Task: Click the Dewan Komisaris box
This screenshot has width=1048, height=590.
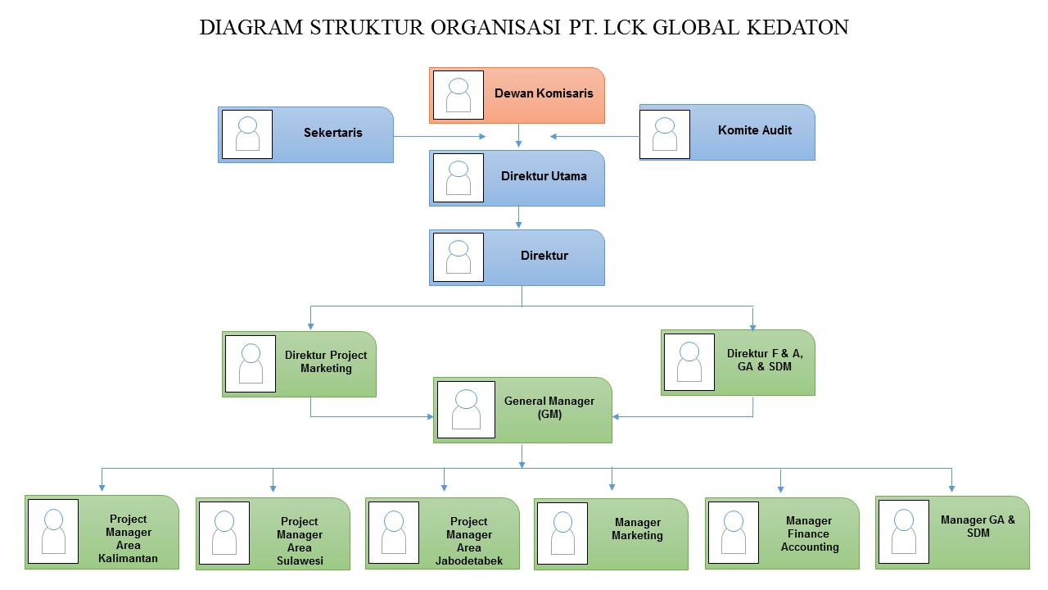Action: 517,95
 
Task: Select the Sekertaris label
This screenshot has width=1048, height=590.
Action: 332,133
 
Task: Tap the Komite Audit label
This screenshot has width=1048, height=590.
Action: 754,130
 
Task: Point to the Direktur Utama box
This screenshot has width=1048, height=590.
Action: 517,177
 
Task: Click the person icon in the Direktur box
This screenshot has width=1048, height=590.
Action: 458,257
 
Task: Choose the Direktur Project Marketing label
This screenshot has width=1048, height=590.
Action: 326,362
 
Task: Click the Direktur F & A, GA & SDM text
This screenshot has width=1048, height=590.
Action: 765,361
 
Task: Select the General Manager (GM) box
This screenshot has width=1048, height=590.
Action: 522,410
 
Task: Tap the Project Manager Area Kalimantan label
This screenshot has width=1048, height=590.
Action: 128,539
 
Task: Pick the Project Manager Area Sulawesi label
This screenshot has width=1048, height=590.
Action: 300,542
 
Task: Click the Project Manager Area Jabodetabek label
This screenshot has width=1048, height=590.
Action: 468,542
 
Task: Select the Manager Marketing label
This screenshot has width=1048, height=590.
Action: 637,529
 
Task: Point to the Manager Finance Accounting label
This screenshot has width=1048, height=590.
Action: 809,533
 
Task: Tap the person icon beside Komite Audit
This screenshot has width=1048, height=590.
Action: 665,134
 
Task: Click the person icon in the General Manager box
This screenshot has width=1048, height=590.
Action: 466,410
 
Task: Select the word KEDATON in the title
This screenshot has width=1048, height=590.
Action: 798,28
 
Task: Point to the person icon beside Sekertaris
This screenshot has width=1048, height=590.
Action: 247,134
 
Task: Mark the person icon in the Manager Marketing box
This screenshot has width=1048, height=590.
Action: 562,533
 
